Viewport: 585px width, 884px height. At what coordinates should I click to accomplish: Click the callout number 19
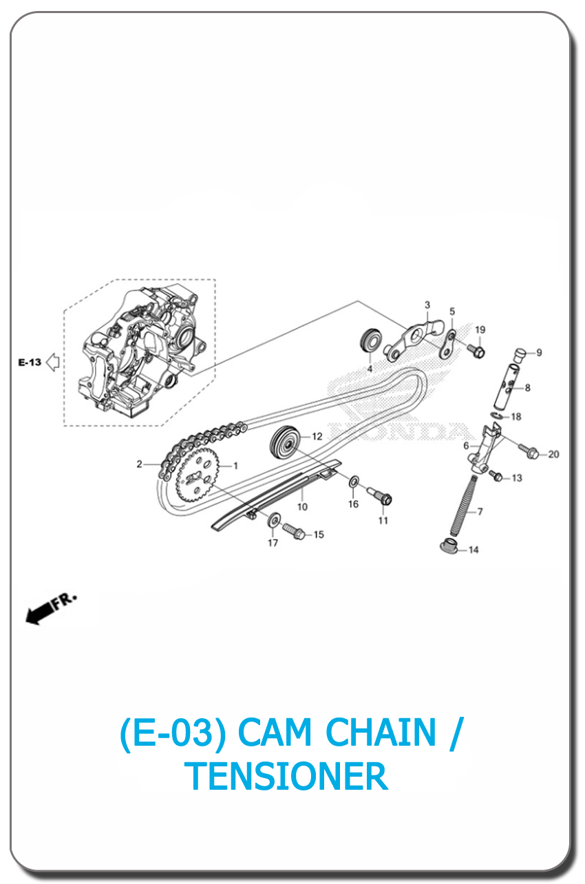480,330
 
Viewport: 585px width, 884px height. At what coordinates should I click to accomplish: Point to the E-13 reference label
30,363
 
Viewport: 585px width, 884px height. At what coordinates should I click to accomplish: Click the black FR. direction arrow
41,611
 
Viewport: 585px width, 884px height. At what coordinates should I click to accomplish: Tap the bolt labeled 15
292,531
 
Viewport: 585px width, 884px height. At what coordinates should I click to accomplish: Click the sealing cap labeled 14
449,547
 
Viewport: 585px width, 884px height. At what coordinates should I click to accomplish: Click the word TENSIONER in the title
287,776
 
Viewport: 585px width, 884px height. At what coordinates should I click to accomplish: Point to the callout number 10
302,507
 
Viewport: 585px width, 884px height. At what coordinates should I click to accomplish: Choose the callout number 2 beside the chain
139,464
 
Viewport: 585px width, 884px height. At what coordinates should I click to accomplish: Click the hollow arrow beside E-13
52,363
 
